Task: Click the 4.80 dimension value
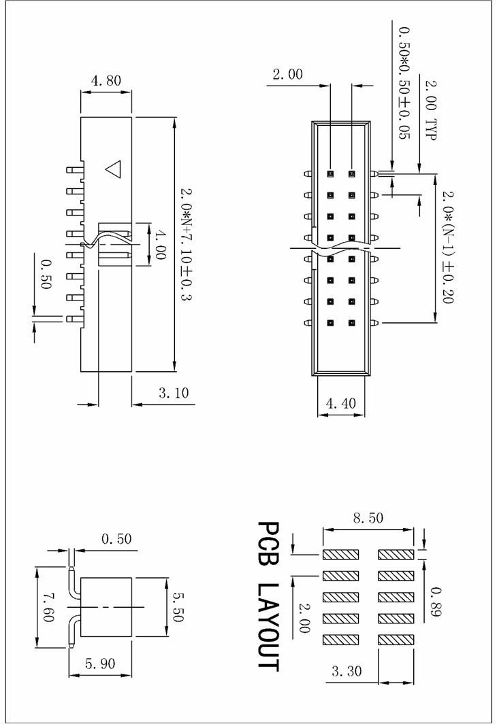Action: click(106, 80)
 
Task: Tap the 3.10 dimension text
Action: click(173, 392)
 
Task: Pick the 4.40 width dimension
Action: click(341, 403)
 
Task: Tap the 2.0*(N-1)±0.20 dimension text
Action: click(447, 246)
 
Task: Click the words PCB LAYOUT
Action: click(268, 596)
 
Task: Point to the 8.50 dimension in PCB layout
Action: click(368, 518)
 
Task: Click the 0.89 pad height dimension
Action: click(436, 602)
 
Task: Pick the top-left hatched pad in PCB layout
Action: click(340, 555)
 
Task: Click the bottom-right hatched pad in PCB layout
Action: click(396, 640)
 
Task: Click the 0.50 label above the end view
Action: click(116, 539)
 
